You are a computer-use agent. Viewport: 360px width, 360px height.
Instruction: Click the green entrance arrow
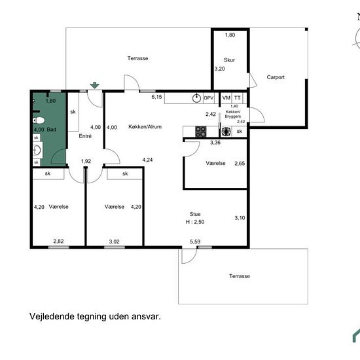(95, 85)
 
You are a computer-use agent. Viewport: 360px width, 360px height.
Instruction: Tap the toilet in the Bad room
(39, 120)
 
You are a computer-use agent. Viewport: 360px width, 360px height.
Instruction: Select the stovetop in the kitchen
(201, 132)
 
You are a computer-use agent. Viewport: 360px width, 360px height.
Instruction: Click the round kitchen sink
(196, 98)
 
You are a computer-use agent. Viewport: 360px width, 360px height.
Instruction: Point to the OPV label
(208, 98)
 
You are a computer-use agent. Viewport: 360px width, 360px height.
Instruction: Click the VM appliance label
(226, 98)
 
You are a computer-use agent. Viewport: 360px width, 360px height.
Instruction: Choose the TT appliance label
(238, 98)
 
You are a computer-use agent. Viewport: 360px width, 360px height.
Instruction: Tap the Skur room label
(229, 60)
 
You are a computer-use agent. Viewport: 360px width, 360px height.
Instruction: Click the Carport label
(276, 77)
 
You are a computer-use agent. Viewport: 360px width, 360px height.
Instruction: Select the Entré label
(85, 136)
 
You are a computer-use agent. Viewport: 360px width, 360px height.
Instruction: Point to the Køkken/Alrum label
(145, 127)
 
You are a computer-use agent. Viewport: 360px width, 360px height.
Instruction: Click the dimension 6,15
(156, 97)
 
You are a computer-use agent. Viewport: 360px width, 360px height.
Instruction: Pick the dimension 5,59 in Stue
(195, 242)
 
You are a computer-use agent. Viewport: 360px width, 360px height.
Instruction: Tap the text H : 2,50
(195, 222)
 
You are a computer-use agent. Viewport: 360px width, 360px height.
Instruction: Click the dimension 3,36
(215, 143)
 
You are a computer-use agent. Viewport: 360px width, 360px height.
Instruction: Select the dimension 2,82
(58, 242)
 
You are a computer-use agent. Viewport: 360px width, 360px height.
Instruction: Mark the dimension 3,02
(114, 242)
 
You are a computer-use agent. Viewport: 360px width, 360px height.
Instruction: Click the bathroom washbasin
(37, 151)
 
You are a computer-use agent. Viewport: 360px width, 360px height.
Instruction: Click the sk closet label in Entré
(73, 112)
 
